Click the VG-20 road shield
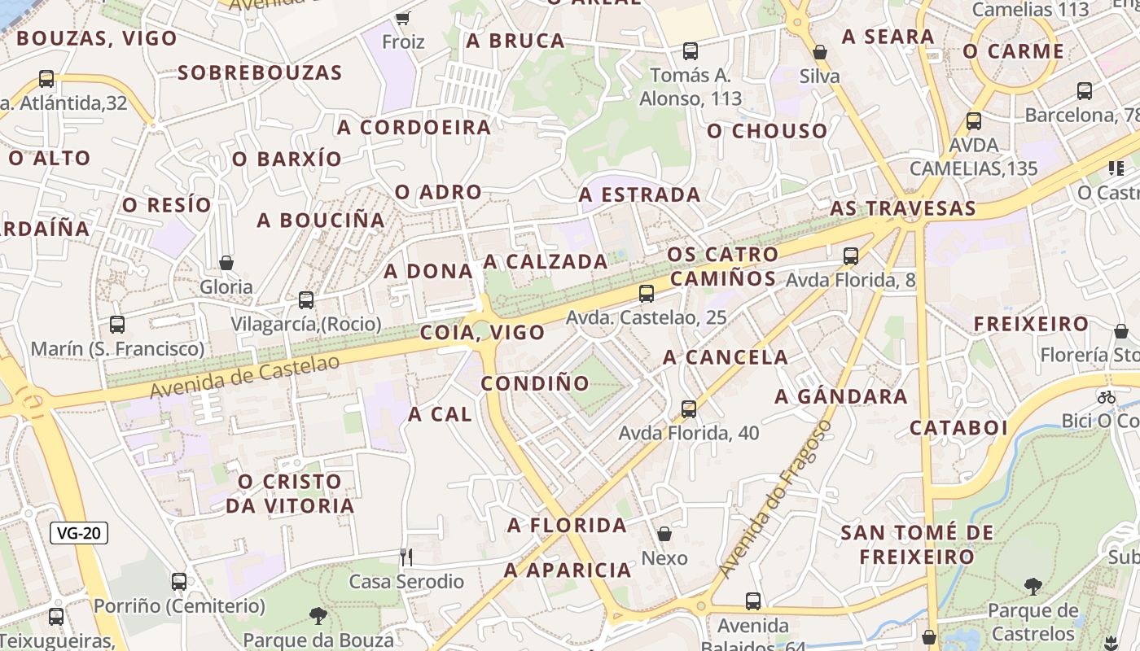tap(79, 534)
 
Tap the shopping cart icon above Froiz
tap(402, 18)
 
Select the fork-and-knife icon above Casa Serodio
tap(406, 557)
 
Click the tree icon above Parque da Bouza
tap(318, 615)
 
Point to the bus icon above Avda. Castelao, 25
tap(647, 293)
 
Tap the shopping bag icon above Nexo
tap(664, 534)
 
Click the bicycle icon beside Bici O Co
tap(1106, 397)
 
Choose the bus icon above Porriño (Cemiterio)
tap(179, 582)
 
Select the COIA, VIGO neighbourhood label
tap(482, 332)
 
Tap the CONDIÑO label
tap(535, 383)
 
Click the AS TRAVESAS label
tap(902, 208)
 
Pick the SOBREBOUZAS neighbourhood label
tap(260, 72)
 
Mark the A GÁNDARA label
tap(840, 396)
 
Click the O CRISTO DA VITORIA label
tap(290, 493)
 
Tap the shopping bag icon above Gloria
tap(226, 263)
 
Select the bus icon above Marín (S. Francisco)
tap(117, 325)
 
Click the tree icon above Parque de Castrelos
tap(1033, 586)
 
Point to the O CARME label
tap(1013, 51)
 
